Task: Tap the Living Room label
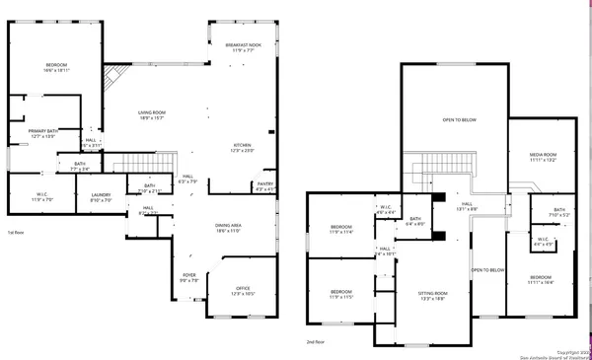(x=151, y=115)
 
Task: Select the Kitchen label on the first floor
(x=242, y=147)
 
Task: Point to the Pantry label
(x=265, y=186)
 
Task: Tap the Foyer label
(x=188, y=277)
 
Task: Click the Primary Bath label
(x=42, y=133)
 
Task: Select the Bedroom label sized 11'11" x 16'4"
(x=542, y=280)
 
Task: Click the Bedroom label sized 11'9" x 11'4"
(x=340, y=229)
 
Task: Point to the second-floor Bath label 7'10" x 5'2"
(x=558, y=212)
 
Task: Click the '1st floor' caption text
(x=17, y=233)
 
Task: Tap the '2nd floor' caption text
(x=316, y=341)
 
